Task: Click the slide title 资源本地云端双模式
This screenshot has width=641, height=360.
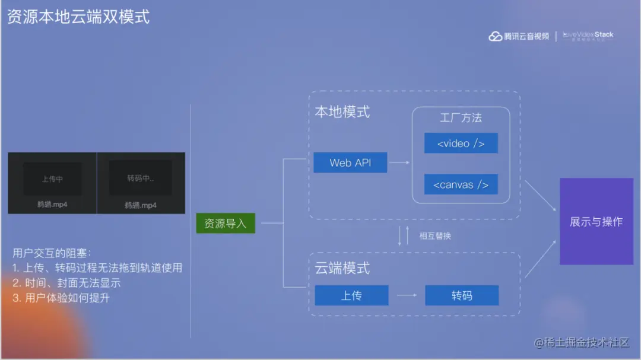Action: point(78,17)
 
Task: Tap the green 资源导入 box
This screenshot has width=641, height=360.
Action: point(226,223)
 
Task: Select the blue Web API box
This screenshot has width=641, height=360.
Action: point(350,163)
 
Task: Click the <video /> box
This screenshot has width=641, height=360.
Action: point(461,144)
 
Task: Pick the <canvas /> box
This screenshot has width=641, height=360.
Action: point(461,184)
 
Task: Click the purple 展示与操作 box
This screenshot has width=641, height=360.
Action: point(596,221)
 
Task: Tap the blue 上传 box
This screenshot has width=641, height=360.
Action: point(351,295)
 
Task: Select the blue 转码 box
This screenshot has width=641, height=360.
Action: point(461,295)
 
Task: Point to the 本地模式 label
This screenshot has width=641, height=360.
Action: point(342,111)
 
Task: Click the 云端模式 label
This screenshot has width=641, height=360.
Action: point(342,268)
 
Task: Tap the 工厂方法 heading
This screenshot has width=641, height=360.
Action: point(461,117)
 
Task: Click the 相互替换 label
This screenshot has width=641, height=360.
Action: point(435,236)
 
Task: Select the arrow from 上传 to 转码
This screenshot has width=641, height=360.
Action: point(407,295)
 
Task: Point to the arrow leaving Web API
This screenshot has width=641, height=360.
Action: point(399,163)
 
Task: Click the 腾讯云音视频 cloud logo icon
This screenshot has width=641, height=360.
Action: point(496,37)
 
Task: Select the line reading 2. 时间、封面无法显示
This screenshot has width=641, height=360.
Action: point(66,283)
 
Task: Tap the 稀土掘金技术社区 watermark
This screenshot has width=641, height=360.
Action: point(582,343)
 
